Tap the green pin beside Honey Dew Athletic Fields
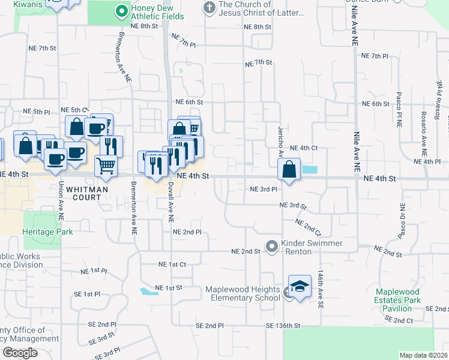click(121, 10)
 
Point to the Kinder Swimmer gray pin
click(272, 246)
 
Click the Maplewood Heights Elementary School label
click(243, 293)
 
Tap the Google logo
click(19, 353)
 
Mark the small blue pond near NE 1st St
click(146, 292)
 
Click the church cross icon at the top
click(209, 7)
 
